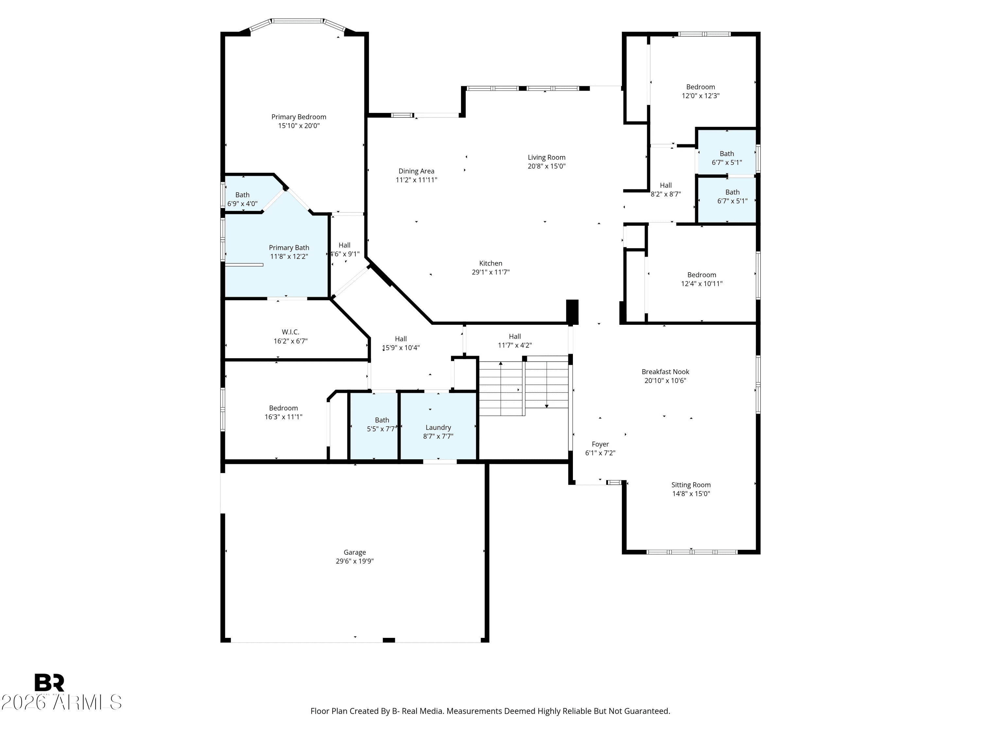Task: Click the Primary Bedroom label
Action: coord(299,117)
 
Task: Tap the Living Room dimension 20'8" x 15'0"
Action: coord(546,166)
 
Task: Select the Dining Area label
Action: coord(417,171)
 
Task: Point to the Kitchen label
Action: coord(490,264)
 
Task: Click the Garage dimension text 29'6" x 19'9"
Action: coord(355,561)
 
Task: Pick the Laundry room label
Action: coord(438,428)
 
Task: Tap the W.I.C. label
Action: coord(290,332)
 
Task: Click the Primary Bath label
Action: coord(289,248)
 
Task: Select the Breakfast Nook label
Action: coord(665,372)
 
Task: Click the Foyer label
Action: coord(600,444)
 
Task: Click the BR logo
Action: coord(49,683)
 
